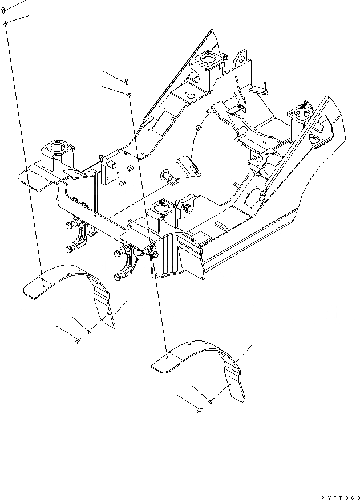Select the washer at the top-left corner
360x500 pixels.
(5, 23)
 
